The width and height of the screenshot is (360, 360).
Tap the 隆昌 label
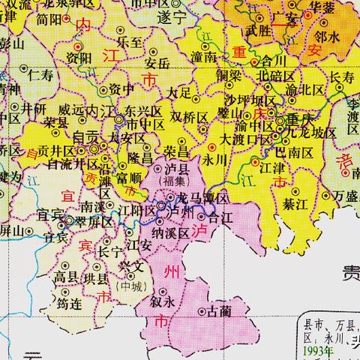coord(142,158)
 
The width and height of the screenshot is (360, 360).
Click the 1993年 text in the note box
coord(314,350)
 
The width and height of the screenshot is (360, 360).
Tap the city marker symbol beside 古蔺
coord(201,310)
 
